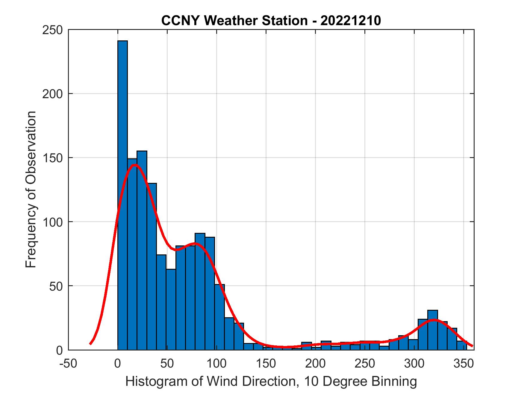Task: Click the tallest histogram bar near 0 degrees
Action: (x=122, y=195)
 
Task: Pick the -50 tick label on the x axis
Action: (x=69, y=363)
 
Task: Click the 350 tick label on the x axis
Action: (x=464, y=363)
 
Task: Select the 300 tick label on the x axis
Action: (x=414, y=363)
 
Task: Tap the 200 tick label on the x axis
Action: (x=315, y=363)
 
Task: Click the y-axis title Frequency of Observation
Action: (x=31, y=189)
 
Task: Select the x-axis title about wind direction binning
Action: (x=271, y=381)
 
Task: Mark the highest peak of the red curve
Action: (x=135, y=165)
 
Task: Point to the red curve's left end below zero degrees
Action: (x=90, y=344)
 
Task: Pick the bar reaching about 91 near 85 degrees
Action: (x=200, y=292)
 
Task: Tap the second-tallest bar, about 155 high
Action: (x=142, y=250)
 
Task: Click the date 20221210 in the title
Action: (x=351, y=21)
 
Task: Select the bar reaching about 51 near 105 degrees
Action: (x=219, y=317)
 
